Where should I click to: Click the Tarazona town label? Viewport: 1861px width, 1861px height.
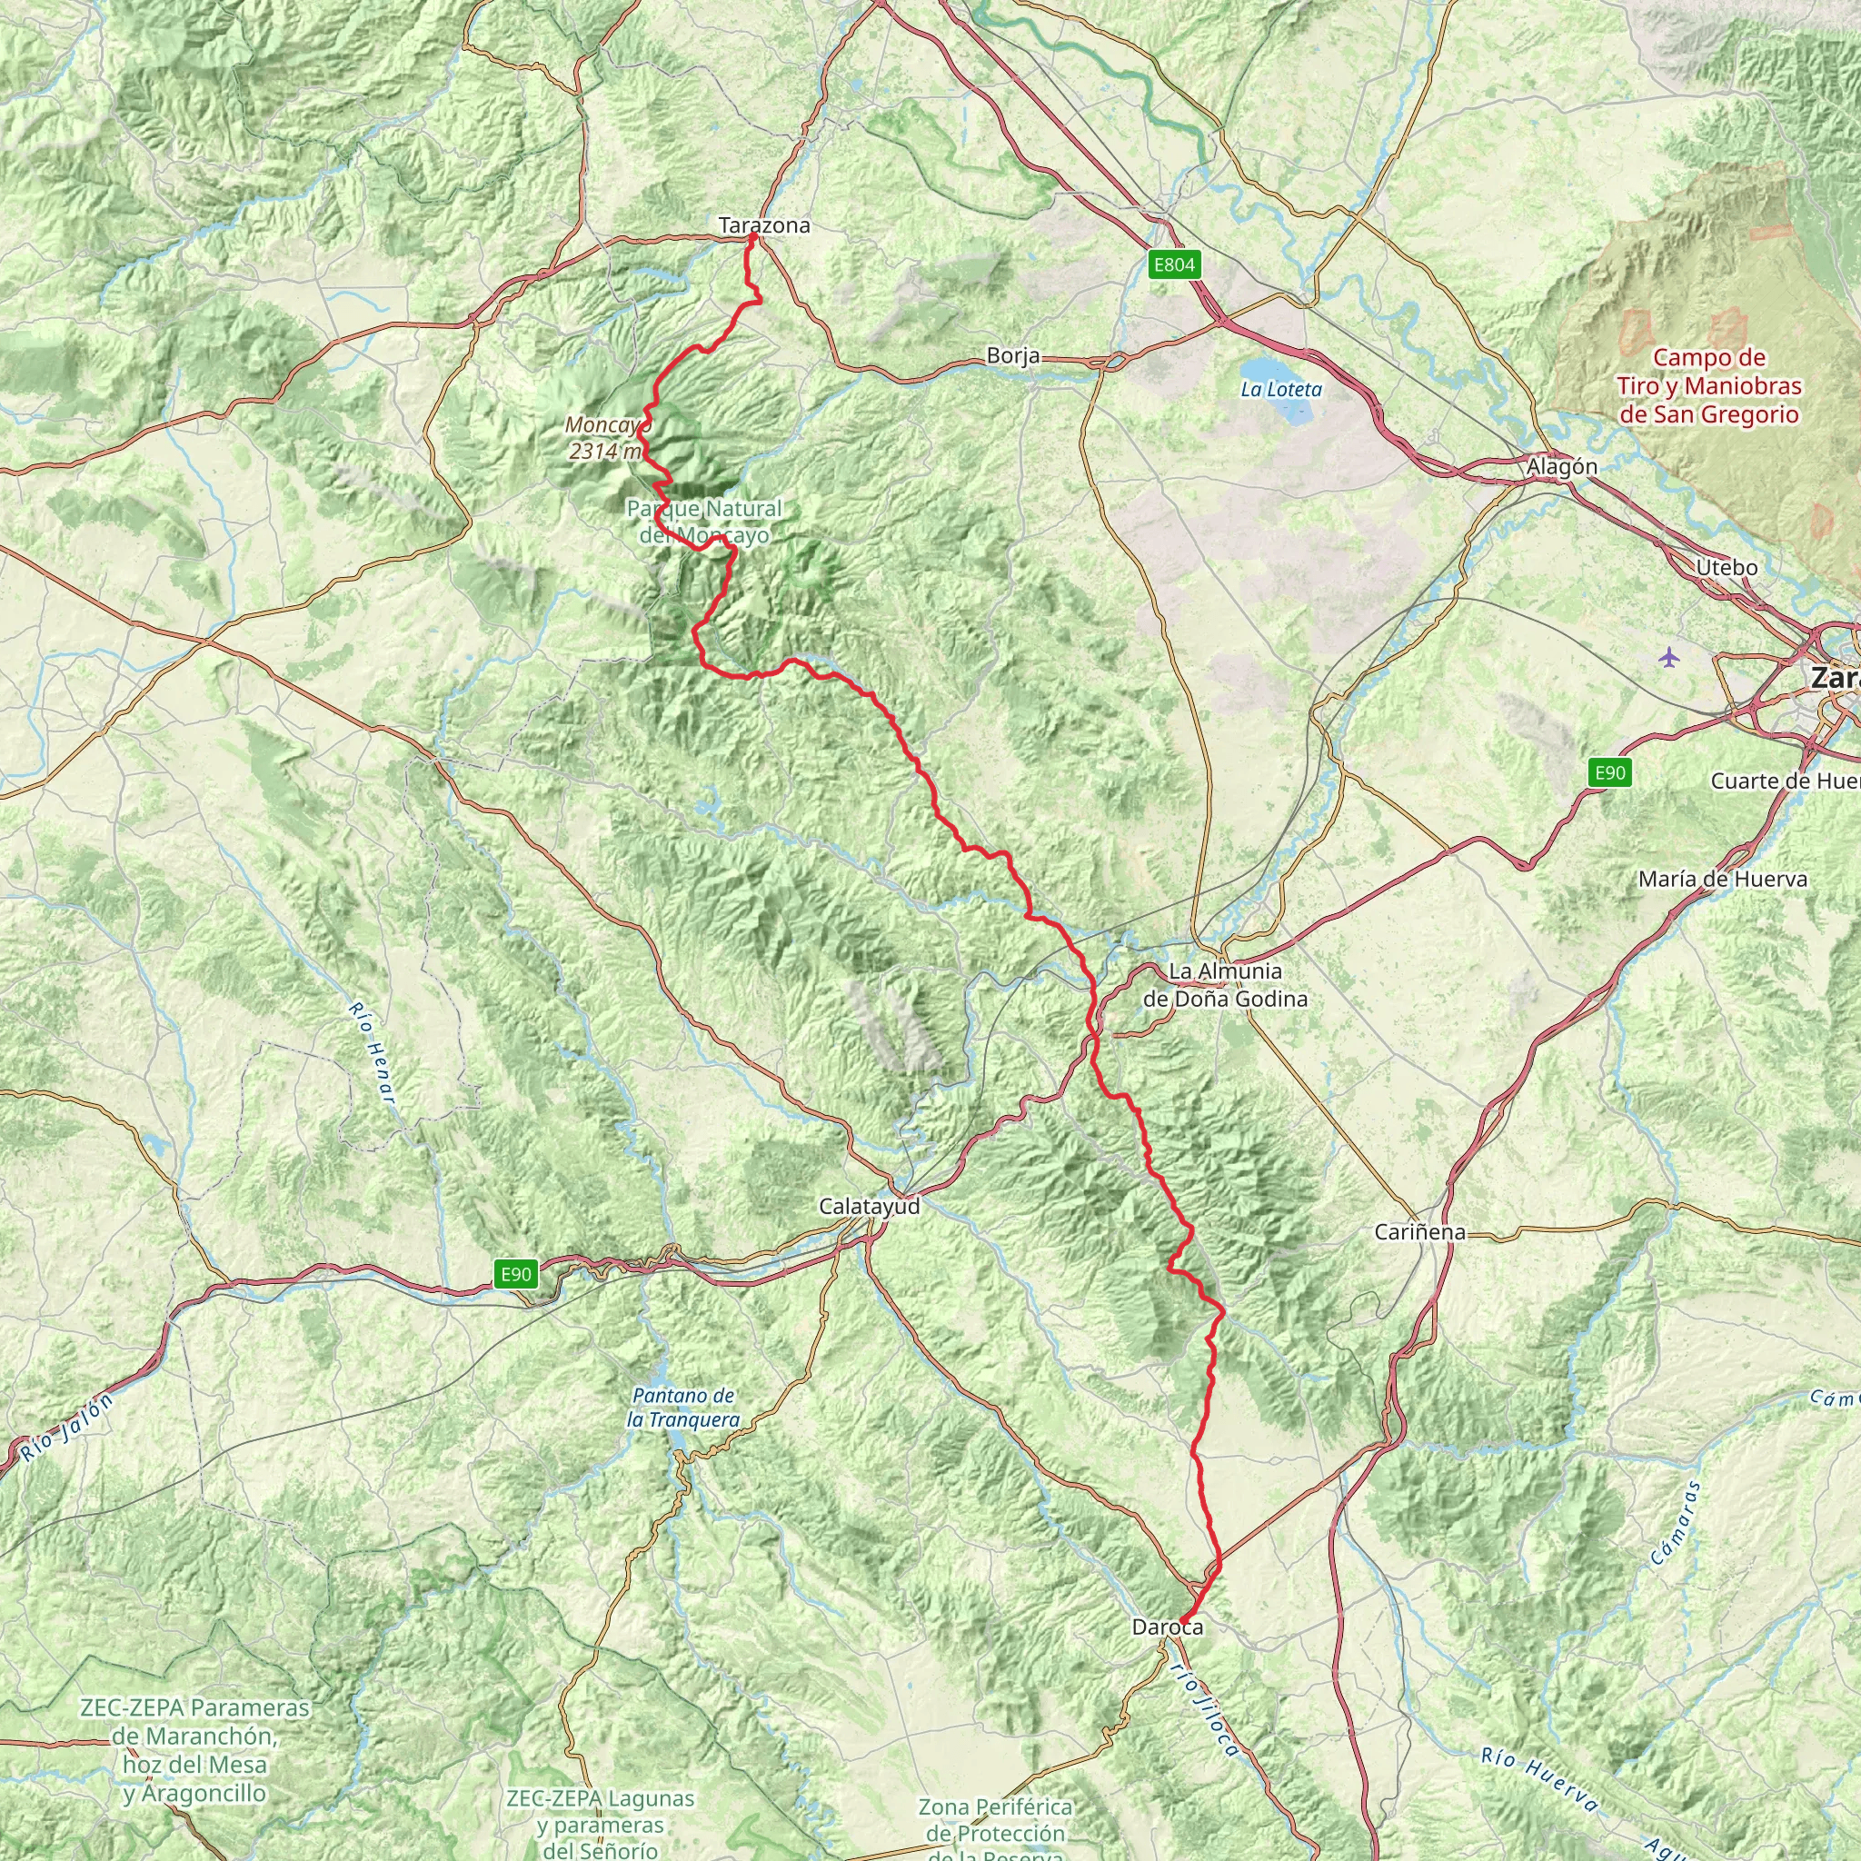(x=764, y=225)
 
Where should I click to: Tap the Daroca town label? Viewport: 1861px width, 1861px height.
(x=1168, y=1627)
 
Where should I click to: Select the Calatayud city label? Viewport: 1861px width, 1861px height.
(x=869, y=1206)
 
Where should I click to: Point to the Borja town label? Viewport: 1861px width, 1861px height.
(x=1013, y=356)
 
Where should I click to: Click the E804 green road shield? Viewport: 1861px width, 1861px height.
(x=1174, y=265)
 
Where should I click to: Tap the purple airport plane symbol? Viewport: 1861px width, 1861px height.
(x=1669, y=658)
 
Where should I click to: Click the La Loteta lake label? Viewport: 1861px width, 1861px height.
(x=1281, y=390)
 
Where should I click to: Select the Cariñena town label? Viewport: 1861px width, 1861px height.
(x=1420, y=1232)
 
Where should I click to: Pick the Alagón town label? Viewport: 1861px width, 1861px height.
(x=1561, y=467)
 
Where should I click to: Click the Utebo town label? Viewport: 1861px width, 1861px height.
(x=1727, y=568)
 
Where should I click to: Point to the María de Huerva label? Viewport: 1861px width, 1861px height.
(x=1722, y=880)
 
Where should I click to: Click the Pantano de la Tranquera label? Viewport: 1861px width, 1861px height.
(x=683, y=1408)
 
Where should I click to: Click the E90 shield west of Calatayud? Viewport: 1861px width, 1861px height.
(x=515, y=1274)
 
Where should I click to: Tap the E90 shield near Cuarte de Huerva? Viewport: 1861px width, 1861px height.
(x=1609, y=772)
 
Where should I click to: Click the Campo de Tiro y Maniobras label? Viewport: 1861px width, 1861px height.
(x=1709, y=386)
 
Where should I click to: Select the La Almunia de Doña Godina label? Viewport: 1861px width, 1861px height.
(x=1224, y=985)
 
